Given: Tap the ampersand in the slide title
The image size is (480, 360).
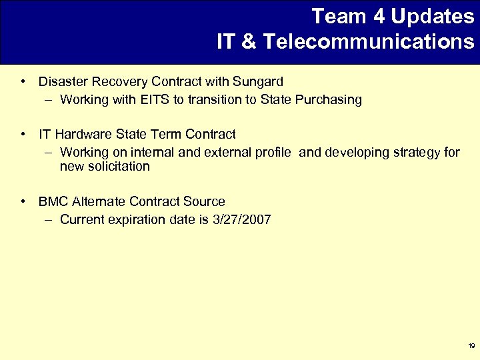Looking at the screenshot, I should (247, 42).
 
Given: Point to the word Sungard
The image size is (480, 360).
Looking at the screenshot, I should (258, 82).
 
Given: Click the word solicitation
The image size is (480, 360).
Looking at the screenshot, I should (105, 167).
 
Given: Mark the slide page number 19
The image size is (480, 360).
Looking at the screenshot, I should (471, 346).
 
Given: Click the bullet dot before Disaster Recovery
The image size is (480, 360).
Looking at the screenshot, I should (23, 82).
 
